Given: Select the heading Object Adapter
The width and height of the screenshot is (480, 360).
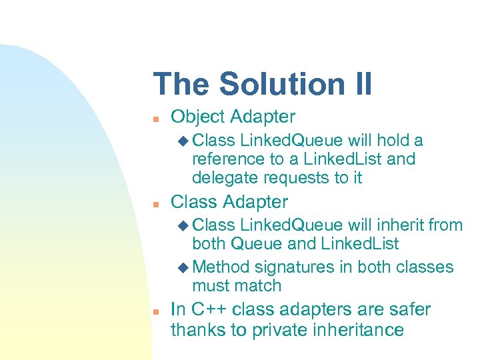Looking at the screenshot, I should click(233, 117).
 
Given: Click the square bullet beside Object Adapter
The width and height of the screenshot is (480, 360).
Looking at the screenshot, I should click(154, 118).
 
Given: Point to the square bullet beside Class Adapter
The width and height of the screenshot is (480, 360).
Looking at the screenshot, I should click(154, 203).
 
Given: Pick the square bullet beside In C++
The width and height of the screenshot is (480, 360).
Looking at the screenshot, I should click(154, 311).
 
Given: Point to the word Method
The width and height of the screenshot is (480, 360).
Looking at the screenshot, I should click(221, 267).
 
